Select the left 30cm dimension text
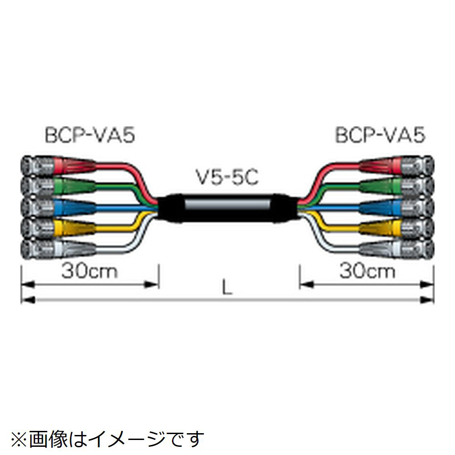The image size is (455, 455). [x=90, y=272]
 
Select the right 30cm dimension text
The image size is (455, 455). [x=367, y=272]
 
